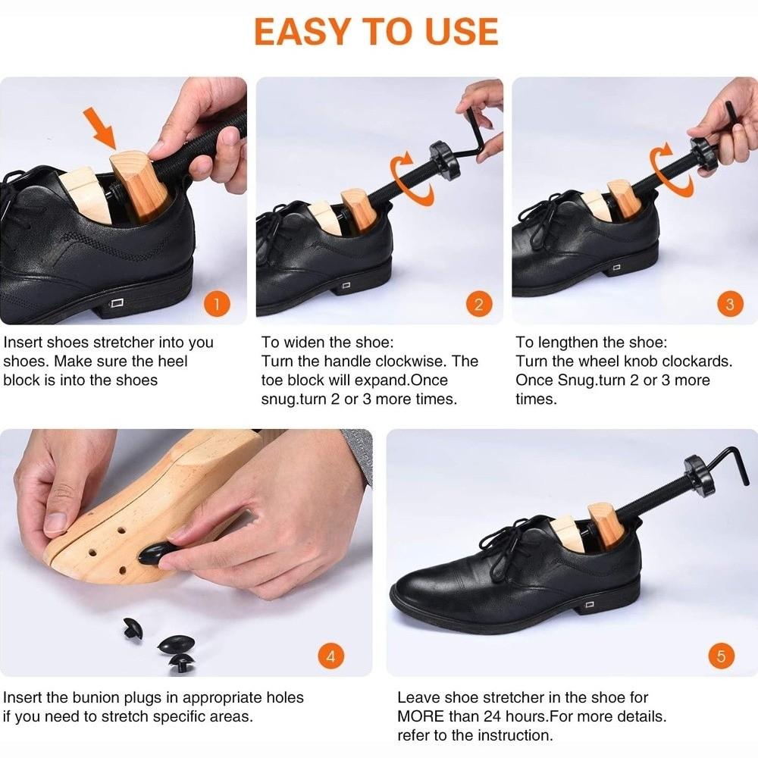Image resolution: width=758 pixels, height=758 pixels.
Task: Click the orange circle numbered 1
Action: (x=217, y=305)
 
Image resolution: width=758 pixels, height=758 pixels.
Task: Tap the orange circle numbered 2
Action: (x=478, y=305)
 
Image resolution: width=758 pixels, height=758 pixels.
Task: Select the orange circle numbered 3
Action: (x=729, y=305)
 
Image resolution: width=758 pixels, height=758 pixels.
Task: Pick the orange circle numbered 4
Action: (x=330, y=656)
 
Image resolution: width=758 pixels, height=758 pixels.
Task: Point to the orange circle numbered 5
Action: (x=721, y=656)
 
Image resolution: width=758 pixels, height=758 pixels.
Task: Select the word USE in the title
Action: (x=461, y=31)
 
